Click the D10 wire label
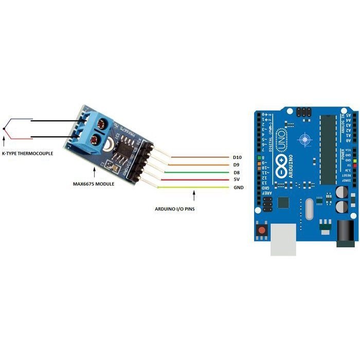tap(237, 157)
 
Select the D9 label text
tap(236, 165)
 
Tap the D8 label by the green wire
tap(236, 172)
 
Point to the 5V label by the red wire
tap(236, 180)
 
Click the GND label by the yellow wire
tap(238, 188)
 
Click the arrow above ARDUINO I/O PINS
tap(193, 196)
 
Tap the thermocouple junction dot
tap(4, 128)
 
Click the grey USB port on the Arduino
tap(283, 239)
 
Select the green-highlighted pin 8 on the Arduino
tap(264, 157)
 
